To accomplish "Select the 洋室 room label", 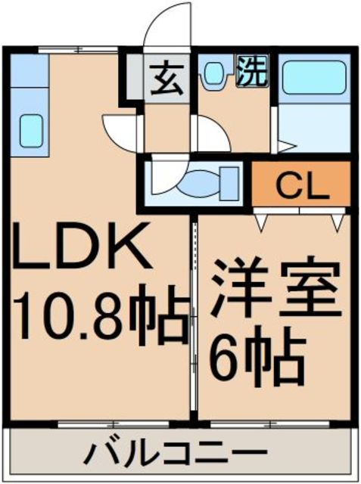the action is [276, 288].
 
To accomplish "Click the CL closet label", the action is [302, 185].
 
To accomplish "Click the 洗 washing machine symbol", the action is [253, 70].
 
